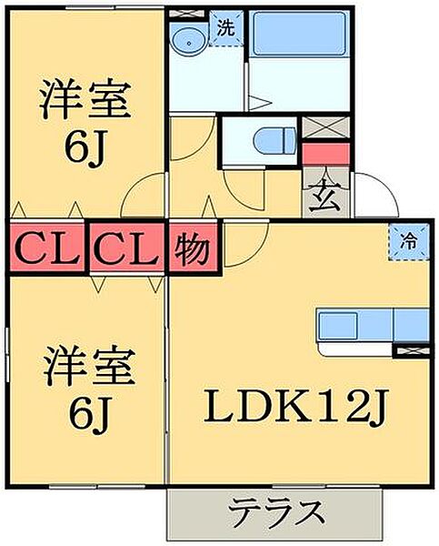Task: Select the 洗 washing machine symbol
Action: tap(226, 28)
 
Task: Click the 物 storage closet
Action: tap(193, 248)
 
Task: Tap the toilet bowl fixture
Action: tap(275, 141)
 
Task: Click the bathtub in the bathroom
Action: tap(299, 34)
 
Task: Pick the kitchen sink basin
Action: tap(338, 325)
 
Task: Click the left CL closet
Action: tap(47, 248)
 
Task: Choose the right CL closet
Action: tap(126, 248)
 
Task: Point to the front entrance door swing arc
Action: tap(388, 186)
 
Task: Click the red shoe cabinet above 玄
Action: tap(325, 153)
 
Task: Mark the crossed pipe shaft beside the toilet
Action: tap(325, 127)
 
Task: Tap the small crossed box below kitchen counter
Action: tap(411, 350)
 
